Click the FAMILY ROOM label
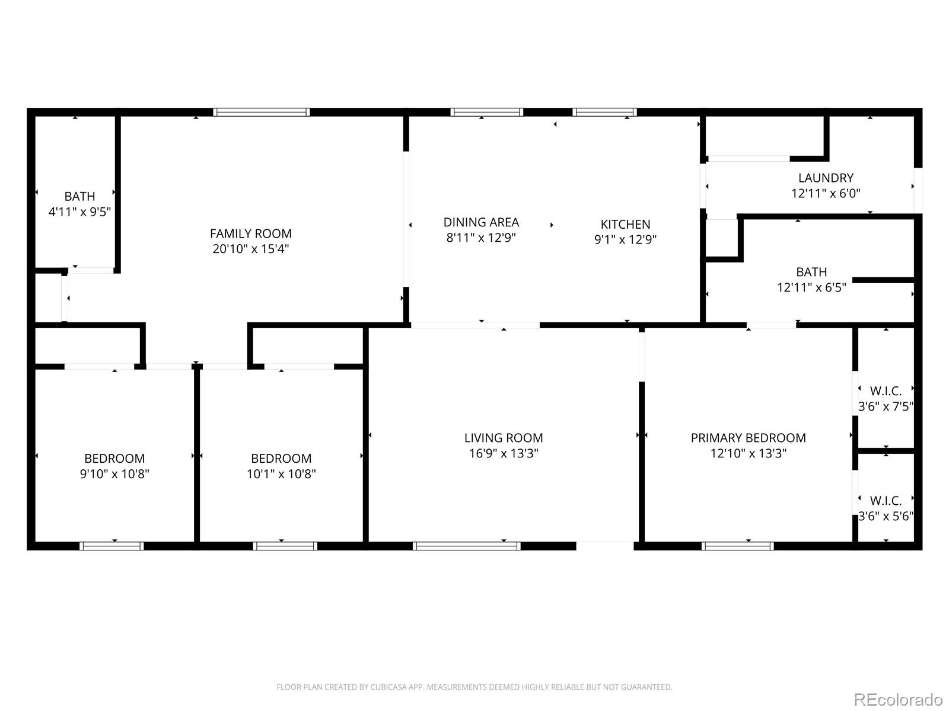250,233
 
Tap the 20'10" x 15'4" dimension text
250,249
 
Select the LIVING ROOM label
503,438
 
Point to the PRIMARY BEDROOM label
748,438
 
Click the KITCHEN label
625,224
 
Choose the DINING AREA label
481,222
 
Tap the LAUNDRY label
826,178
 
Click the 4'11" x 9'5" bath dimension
79,212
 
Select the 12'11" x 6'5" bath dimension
811,287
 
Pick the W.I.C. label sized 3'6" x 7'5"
886,391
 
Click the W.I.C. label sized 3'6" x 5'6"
886,501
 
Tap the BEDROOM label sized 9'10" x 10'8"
114,459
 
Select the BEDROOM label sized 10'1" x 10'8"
281,459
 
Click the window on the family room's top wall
262,112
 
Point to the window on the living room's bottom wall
467,546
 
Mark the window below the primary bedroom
737,546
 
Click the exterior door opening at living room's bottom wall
605,545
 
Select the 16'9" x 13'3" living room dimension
503,453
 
